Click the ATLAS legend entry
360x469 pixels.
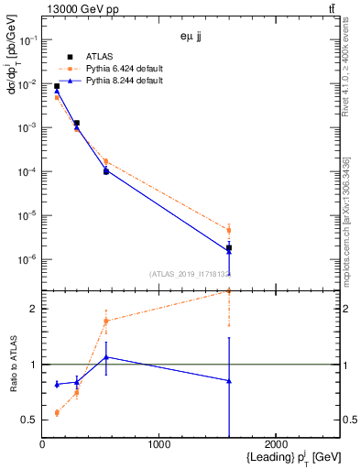tap(99, 56)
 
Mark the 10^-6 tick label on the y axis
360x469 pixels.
tap(28, 259)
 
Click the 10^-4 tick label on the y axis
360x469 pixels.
tap(28, 172)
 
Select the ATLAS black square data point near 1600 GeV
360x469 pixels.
tap(228, 248)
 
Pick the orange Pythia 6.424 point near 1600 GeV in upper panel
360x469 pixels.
tap(228, 230)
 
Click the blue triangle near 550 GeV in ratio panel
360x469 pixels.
tap(106, 356)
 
